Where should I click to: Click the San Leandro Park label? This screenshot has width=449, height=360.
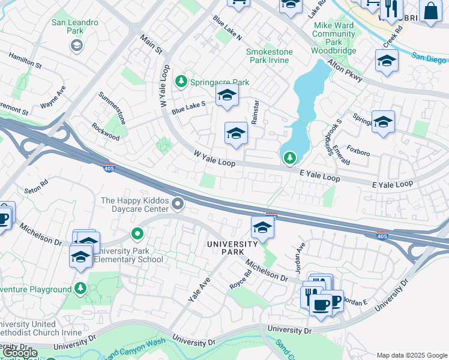click(x=75, y=27)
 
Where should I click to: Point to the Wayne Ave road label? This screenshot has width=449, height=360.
click(x=52, y=97)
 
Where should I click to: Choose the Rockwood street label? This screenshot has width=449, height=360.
click(x=105, y=132)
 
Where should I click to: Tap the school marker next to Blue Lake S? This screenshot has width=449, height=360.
click(x=227, y=95)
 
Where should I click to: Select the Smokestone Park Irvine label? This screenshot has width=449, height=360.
click(x=270, y=56)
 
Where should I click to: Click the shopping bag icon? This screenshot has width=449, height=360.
click(x=430, y=10)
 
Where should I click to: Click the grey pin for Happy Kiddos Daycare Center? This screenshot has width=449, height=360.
click(x=178, y=205)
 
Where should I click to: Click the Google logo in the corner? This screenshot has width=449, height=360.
click(x=20, y=353)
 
